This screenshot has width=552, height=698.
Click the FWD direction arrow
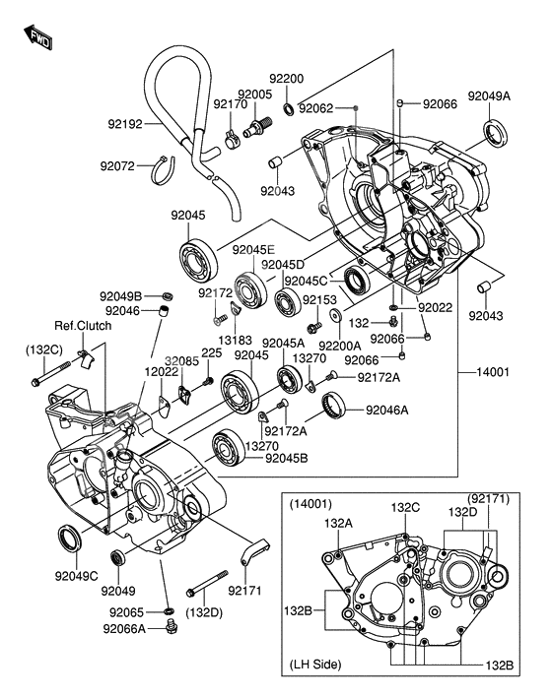click(38, 37)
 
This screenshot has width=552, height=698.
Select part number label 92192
click(125, 124)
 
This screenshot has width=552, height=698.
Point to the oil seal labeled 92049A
click(496, 132)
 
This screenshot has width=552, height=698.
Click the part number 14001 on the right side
click(492, 372)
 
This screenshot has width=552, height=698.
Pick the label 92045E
click(253, 250)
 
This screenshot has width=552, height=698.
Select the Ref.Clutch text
click(83, 326)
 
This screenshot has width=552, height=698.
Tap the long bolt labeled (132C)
click(51, 374)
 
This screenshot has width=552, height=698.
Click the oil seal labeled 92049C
click(70, 539)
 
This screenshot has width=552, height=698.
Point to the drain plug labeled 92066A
click(171, 625)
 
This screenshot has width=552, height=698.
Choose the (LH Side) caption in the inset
click(315, 665)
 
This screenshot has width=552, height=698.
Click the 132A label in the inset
click(338, 523)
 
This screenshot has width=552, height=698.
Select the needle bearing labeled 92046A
click(333, 406)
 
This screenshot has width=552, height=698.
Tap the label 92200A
click(340, 346)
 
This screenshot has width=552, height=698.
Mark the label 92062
click(315, 108)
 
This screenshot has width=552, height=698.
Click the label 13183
click(236, 341)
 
